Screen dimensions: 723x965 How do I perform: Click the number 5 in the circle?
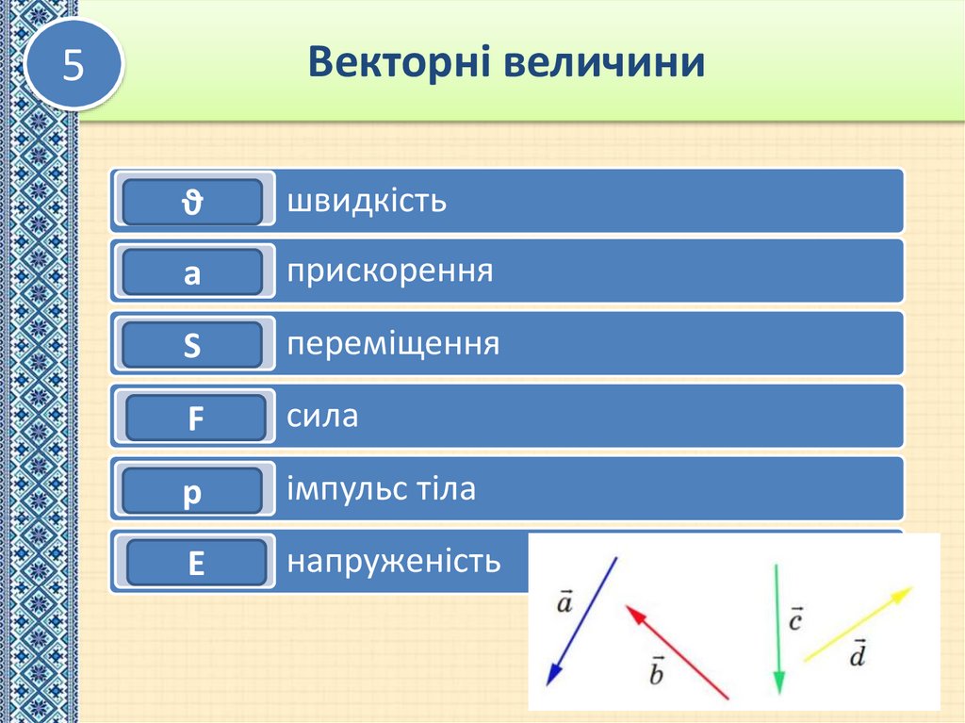(x=74, y=65)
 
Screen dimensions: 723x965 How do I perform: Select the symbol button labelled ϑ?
(x=192, y=202)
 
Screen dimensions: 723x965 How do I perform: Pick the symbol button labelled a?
(x=192, y=274)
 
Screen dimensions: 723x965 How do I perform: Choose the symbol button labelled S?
(x=192, y=346)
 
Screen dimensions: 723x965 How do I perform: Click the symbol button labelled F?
(x=195, y=419)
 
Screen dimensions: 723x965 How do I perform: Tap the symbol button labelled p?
(x=192, y=491)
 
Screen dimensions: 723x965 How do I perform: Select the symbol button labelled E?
(x=195, y=563)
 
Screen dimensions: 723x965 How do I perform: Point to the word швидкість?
(x=367, y=201)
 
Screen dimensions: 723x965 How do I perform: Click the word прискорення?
(x=390, y=272)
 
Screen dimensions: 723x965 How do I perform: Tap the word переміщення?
(x=393, y=344)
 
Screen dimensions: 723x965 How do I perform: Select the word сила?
(x=322, y=416)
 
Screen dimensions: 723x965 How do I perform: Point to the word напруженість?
(x=394, y=562)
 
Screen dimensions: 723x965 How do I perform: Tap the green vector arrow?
(x=777, y=629)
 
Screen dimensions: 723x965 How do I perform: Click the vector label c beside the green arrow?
(x=795, y=621)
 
